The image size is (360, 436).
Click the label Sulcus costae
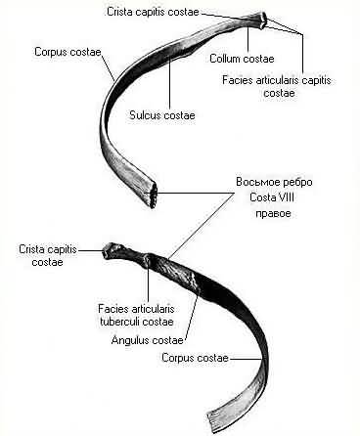click(x=162, y=115)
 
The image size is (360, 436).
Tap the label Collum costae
click(x=242, y=59)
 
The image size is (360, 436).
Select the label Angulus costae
click(x=147, y=340)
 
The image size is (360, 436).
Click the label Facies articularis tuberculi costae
click(x=136, y=315)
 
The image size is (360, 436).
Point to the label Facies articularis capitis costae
click(x=277, y=86)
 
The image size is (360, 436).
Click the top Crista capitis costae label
click(x=153, y=12)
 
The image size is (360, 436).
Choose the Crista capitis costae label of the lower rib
click(x=48, y=256)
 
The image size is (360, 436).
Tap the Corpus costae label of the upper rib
click(x=67, y=52)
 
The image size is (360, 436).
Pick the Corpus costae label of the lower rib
click(x=195, y=358)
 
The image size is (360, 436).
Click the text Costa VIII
click(x=272, y=197)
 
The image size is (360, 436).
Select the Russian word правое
click(x=273, y=214)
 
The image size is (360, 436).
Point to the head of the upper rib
click(x=263, y=21)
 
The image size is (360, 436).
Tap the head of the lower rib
click(x=110, y=250)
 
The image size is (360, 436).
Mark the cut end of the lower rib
click(x=212, y=423)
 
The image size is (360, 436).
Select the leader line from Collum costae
click(x=248, y=40)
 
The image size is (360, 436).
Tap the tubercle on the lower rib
click(x=148, y=261)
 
